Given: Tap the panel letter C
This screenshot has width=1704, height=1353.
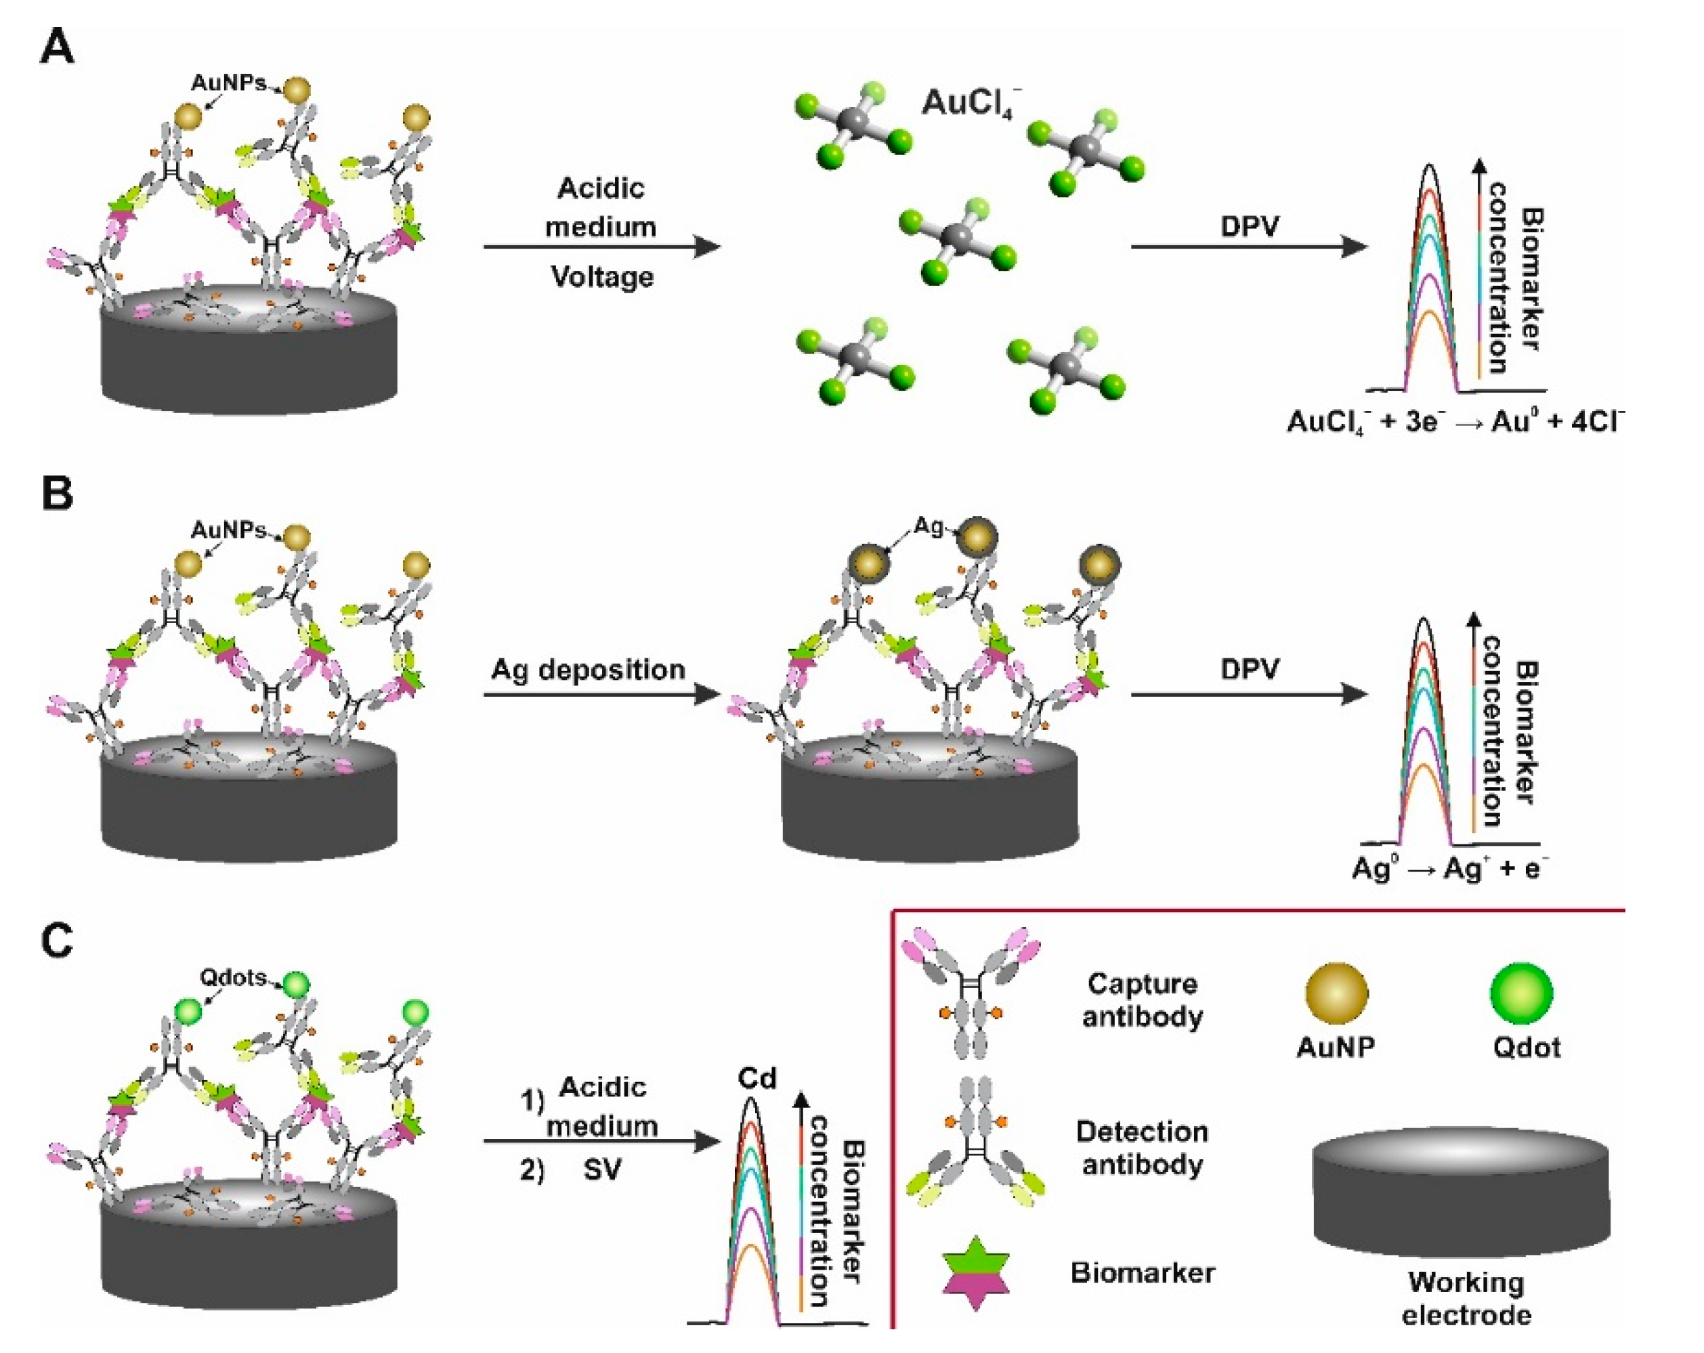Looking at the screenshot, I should click(57, 941).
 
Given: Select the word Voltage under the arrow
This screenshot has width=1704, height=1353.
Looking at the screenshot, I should click(602, 276).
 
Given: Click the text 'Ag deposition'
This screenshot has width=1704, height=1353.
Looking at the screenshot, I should click(588, 670).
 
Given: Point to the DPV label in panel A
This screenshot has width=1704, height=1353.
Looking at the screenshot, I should click(1249, 227).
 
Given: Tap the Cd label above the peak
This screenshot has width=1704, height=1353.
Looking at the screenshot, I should click(757, 1079).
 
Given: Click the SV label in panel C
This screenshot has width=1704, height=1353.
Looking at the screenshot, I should click(602, 1169).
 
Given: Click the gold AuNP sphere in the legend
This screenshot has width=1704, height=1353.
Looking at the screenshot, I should click(1336, 993).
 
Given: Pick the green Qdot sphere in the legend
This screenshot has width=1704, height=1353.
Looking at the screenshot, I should click(1521, 993).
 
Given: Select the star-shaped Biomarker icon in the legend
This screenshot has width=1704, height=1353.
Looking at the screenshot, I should click(975, 1272).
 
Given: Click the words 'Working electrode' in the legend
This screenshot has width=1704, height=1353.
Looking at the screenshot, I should click(1466, 1297).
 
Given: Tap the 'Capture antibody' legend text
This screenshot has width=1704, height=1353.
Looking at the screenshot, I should click(1143, 1000).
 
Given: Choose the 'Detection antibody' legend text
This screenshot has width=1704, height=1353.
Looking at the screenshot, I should click(1143, 1148).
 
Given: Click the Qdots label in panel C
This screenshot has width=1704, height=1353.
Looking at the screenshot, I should click(232, 978).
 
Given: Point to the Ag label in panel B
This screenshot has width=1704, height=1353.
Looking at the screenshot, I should click(929, 526).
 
